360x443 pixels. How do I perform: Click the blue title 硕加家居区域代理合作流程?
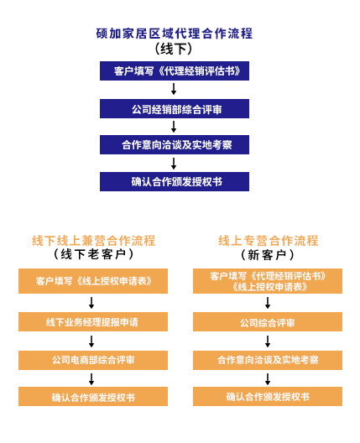pos(174,34)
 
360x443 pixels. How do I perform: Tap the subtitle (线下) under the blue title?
pos(174,49)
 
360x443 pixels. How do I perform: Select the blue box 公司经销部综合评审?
pos(175,108)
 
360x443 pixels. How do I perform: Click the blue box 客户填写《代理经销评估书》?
pos(175,71)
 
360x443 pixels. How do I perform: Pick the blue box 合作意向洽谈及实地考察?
pos(175,144)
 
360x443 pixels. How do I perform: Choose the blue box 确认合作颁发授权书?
pos(175,182)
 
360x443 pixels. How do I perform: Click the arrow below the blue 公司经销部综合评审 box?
pos(174,127)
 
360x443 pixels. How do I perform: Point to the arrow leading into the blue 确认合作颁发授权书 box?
pos(174,164)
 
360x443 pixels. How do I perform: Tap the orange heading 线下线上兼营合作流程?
pos(93,241)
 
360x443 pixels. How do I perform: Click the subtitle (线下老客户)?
pos(93,254)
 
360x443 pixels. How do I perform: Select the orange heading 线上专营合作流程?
pos(268,241)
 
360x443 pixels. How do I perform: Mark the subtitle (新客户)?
pos(268,255)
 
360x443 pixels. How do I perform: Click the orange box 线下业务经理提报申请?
pos(93,322)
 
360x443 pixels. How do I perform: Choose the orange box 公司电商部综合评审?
pos(93,360)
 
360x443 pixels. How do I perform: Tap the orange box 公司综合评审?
pos(268,322)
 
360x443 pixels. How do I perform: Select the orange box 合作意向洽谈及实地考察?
pos(268,360)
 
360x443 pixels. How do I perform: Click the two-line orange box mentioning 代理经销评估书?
pos(268,281)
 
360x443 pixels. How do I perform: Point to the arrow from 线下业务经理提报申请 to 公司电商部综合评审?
pos(91,341)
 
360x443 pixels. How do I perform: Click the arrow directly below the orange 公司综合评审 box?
pos(268,341)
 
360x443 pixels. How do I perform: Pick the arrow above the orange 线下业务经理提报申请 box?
pos(91,303)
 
